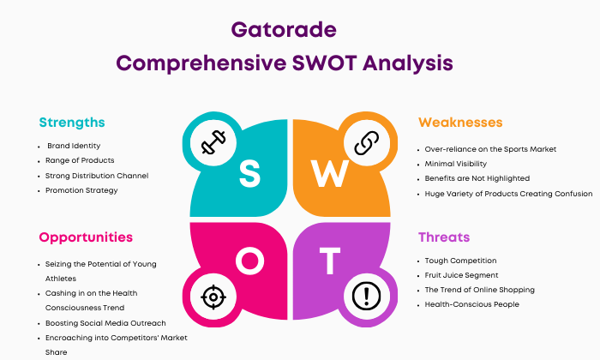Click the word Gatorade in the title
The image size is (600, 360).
pyautogui.click(x=284, y=29)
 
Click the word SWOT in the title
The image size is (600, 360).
pyautogui.click(x=325, y=63)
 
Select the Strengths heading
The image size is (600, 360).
pyautogui.click(x=72, y=123)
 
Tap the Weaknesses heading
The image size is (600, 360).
pyautogui.click(x=460, y=123)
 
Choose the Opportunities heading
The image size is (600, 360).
pyautogui.click(x=86, y=237)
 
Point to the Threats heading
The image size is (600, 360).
pyautogui.click(x=444, y=237)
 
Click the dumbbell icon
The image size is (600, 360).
pyautogui.click(x=213, y=142)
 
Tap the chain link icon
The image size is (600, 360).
pyautogui.click(x=367, y=142)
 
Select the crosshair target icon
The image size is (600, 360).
pyautogui.click(x=213, y=297)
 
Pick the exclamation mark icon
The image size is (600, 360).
pyautogui.click(x=366, y=296)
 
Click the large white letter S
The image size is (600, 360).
pyautogui.click(x=249, y=174)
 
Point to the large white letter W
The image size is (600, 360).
pyautogui.click(x=329, y=174)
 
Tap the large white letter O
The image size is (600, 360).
pyautogui.click(x=250, y=261)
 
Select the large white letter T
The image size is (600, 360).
pyautogui.click(x=330, y=261)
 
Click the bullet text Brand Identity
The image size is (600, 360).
pyautogui.click(x=74, y=146)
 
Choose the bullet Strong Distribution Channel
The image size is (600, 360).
pyautogui.click(x=97, y=176)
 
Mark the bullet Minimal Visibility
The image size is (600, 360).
pyautogui.click(x=456, y=164)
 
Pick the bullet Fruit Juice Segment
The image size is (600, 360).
pyautogui.click(x=461, y=275)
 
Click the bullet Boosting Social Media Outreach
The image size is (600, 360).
pyautogui.click(x=105, y=323)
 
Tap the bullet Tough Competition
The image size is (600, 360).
pyautogui.click(x=461, y=261)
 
